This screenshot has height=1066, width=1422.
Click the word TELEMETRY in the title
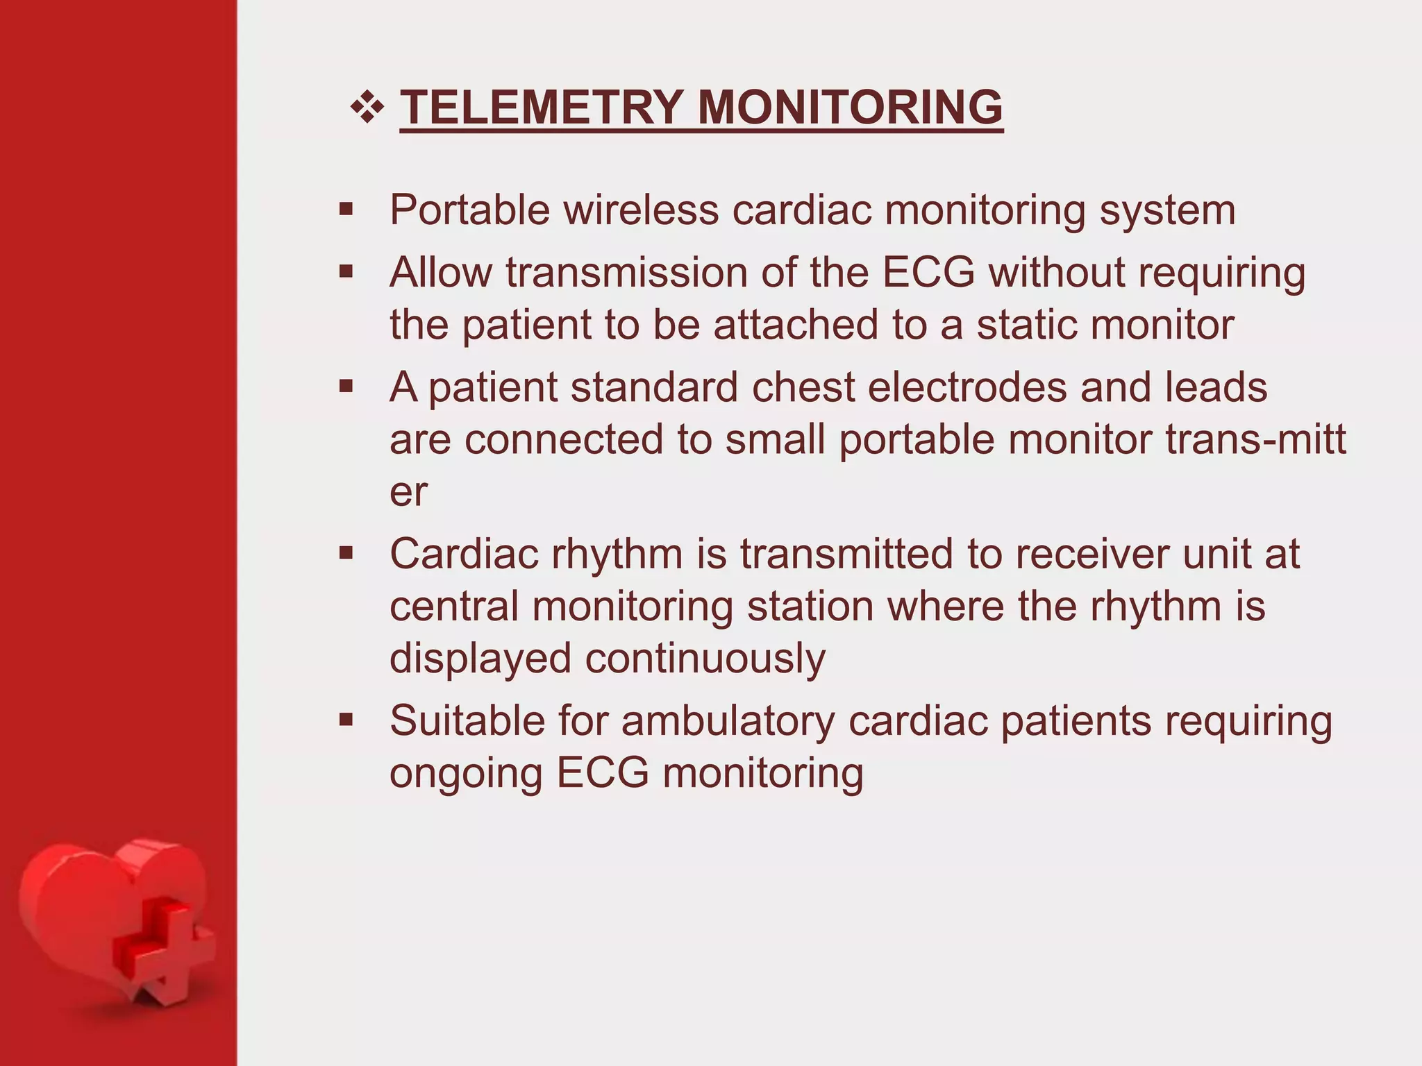[542, 108]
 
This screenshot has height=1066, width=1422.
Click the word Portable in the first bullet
[470, 210]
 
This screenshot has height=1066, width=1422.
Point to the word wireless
[640, 210]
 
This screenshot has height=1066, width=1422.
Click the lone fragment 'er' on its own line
[408, 493]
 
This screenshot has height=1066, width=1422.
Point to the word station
[810, 607]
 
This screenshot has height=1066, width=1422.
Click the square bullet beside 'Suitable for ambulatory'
[346, 720]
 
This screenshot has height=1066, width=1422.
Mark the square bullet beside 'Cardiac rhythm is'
[346, 554]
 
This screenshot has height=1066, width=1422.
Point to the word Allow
[440, 272]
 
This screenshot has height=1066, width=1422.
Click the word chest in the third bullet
[803, 387]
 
